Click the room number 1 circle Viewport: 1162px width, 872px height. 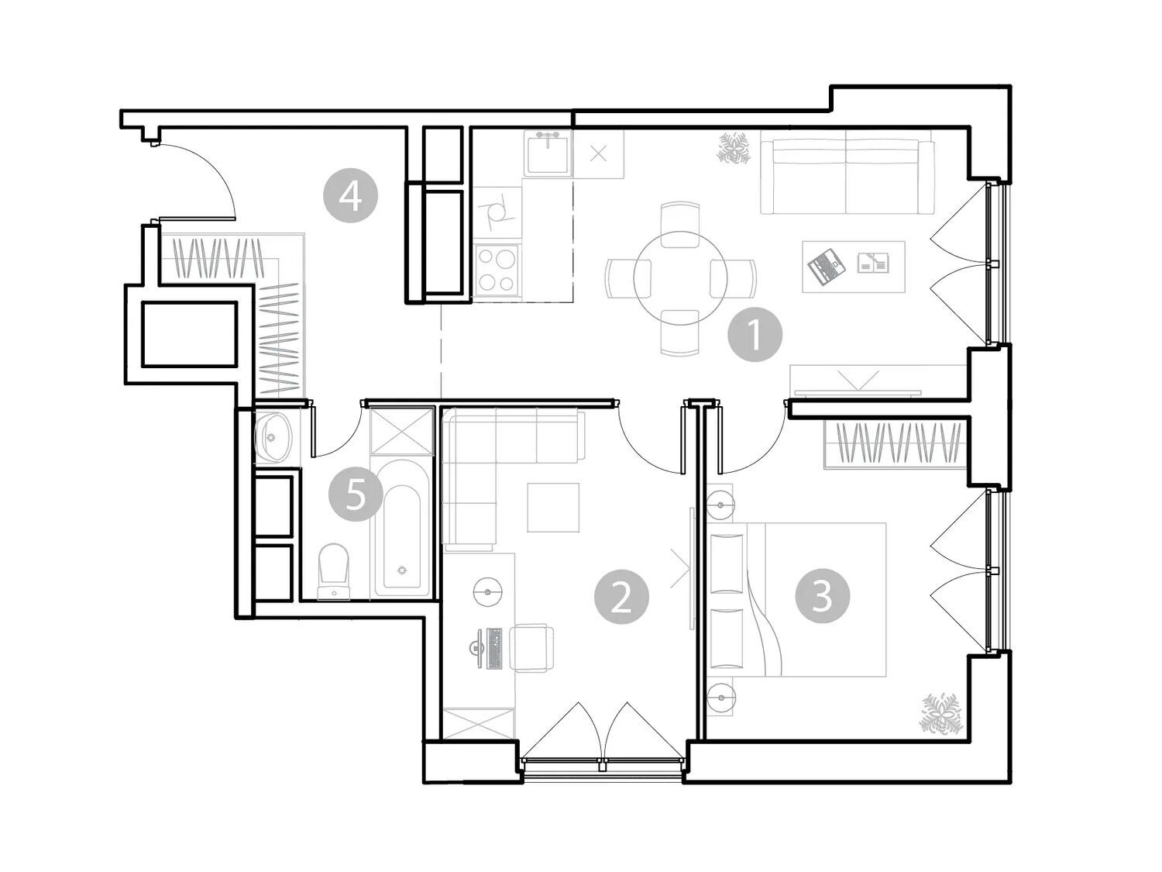755,334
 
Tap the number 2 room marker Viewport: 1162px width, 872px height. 621,597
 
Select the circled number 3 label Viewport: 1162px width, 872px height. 822,595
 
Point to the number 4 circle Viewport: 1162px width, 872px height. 350,195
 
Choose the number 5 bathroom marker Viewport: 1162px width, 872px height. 356,495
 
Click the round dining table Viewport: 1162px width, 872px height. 680,278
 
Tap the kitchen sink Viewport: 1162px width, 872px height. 548,153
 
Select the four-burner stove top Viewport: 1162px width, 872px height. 497,270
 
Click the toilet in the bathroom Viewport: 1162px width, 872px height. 334,571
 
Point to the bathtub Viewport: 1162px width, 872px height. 402,528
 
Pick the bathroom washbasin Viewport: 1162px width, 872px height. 273,437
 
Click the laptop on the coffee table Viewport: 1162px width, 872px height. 826,267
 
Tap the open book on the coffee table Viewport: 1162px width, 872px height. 873,263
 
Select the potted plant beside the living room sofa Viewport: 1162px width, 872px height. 734,149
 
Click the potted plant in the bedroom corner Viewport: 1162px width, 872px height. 941,714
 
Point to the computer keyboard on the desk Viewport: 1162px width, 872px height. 494,648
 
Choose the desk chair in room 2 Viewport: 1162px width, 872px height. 531,647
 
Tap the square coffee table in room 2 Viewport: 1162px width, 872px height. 553,507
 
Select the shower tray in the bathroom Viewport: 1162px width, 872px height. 402,431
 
